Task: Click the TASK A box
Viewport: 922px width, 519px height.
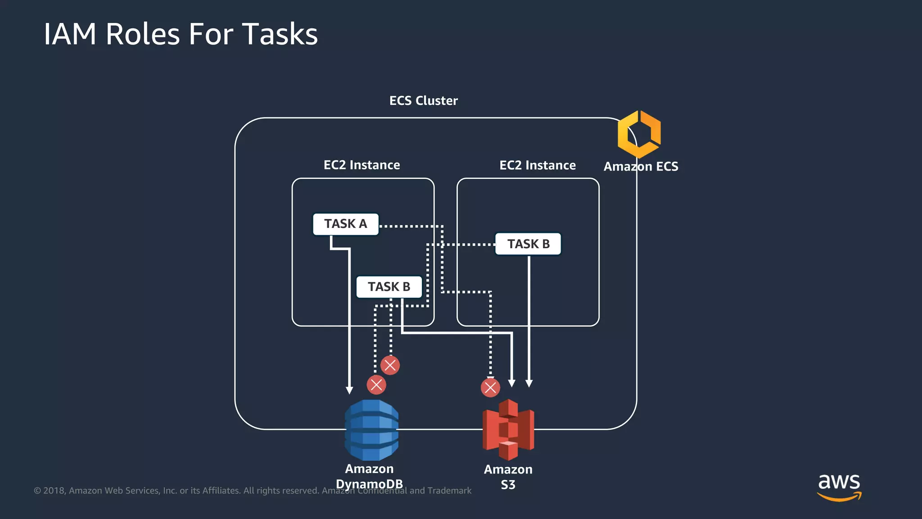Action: pyautogui.click(x=346, y=224)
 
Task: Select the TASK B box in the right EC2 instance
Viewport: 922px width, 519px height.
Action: pyautogui.click(x=528, y=244)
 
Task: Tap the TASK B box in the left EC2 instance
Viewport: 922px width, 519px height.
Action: pyautogui.click(x=389, y=287)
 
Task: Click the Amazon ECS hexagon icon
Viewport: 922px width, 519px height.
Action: pyautogui.click(x=639, y=134)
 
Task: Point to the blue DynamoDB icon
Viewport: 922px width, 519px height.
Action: pyautogui.click(x=371, y=430)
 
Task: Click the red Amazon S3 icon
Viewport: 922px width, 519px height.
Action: pyautogui.click(x=508, y=430)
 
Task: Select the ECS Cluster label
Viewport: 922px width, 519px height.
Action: pyautogui.click(x=423, y=100)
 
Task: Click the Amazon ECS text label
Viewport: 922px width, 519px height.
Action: pyautogui.click(x=641, y=167)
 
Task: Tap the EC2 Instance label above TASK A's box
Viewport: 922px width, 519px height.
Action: pyautogui.click(x=362, y=165)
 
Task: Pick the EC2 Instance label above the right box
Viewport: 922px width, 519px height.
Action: pyautogui.click(x=538, y=165)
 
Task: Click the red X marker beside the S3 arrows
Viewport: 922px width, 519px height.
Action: pyautogui.click(x=490, y=387)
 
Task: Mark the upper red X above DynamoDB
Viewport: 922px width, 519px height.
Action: pyautogui.click(x=390, y=365)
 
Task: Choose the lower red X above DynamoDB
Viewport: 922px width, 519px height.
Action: pyautogui.click(x=376, y=385)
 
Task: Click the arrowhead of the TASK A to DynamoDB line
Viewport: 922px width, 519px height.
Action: pyautogui.click(x=349, y=390)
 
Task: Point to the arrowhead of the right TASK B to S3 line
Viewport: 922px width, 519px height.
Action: pyautogui.click(x=529, y=383)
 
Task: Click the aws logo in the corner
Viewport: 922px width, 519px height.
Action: pyautogui.click(x=839, y=487)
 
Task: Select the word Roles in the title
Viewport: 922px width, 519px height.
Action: pyautogui.click(x=142, y=34)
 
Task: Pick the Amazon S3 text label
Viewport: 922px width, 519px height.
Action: pyautogui.click(x=508, y=477)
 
